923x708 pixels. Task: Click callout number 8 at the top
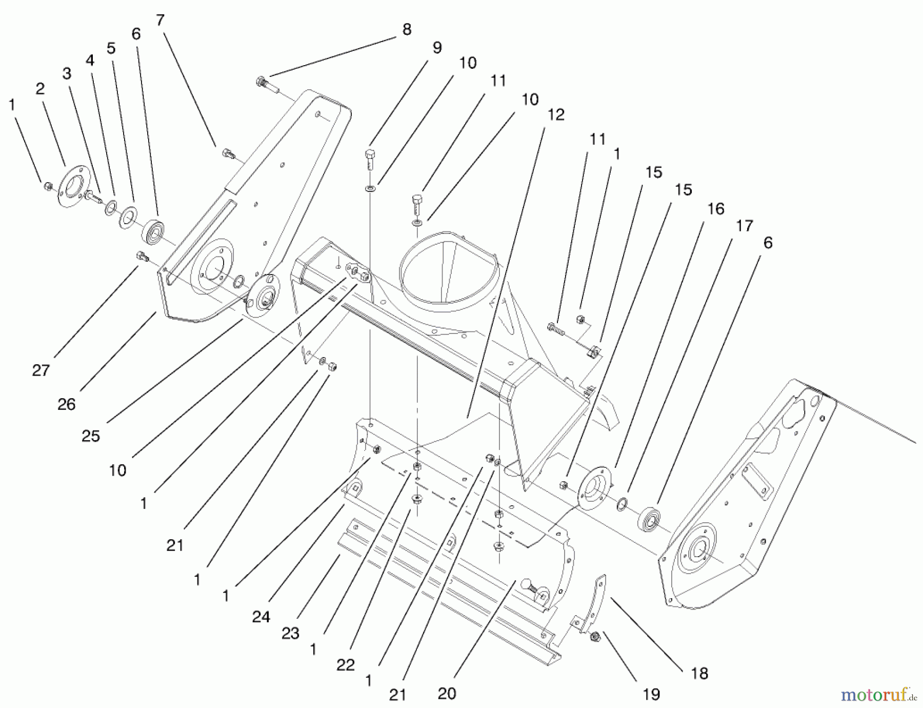point(407,30)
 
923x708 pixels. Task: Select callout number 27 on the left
point(41,370)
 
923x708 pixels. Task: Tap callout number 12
point(555,114)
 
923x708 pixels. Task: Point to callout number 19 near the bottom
point(651,694)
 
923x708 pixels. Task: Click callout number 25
point(91,436)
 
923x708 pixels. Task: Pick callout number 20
point(447,694)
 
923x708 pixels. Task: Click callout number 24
point(260,616)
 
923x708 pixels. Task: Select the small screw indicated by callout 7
point(229,153)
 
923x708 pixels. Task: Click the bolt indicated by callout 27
point(142,255)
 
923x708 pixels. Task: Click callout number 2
point(40,89)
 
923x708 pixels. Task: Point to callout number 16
point(715,209)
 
